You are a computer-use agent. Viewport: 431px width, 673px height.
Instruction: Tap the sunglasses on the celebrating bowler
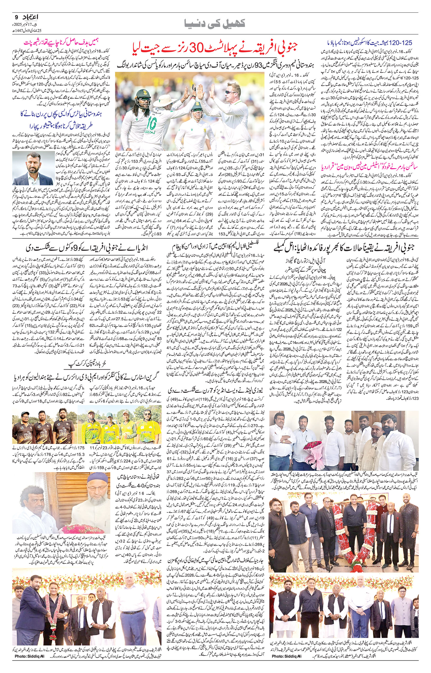[231, 92]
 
